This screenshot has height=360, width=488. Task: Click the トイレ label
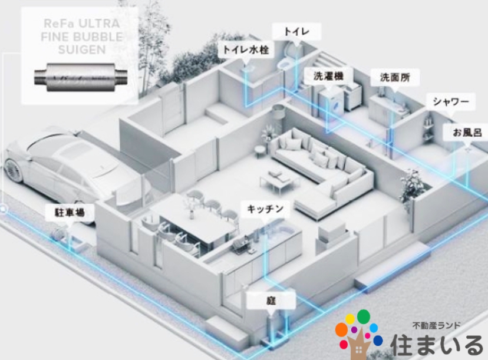[x=296, y=31]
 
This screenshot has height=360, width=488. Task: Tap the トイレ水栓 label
[x=246, y=49]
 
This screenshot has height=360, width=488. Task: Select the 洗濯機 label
[x=329, y=76]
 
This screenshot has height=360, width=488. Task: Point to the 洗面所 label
[x=395, y=77]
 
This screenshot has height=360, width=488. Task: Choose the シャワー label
[x=451, y=101]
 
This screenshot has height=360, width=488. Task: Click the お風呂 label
[x=467, y=133]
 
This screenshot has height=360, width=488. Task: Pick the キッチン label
[x=265, y=209]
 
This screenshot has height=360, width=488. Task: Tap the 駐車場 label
[x=70, y=213]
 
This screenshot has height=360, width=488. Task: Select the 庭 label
[x=271, y=300]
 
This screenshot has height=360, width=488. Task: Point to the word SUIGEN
[x=82, y=49]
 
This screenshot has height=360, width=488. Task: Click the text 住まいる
[x=437, y=345]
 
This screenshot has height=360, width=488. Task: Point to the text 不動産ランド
[x=436, y=326]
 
